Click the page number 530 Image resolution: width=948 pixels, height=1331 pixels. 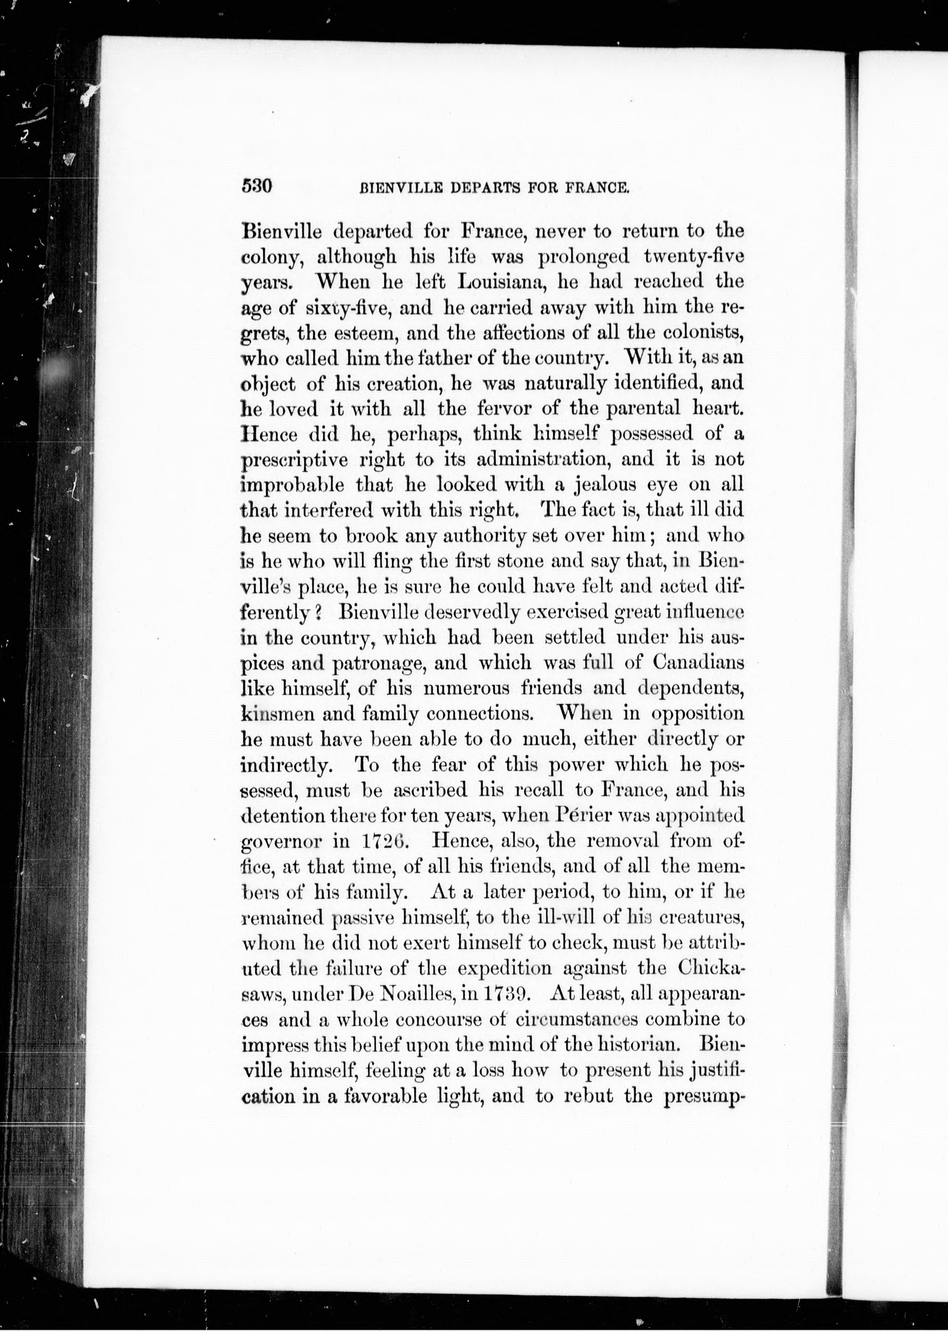257,187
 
